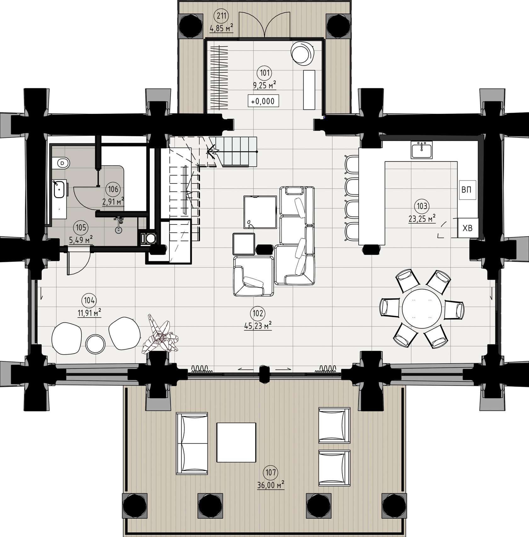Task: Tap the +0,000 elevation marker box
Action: pyautogui.click(x=263, y=101)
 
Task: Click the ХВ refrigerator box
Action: pyautogui.click(x=468, y=228)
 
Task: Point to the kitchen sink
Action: pyautogui.click(x=422, y=150)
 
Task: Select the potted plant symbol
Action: pyautogui.click(x=161, y=334)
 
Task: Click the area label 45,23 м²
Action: pyautogui.click(x=258, y=326)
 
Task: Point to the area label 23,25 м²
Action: pyautogui.click(x=422, y=218)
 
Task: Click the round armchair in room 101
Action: pyautogui.click(x=303, y=54)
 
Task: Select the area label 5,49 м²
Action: pyautogui.click(x=81, y=240)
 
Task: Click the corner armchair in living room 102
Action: pyautogui.click(x=253, y=276)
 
